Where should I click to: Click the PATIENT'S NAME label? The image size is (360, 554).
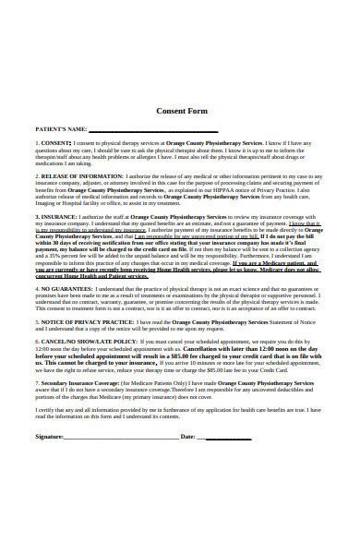coord(61,129)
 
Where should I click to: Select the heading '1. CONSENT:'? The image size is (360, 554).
coord(53,145)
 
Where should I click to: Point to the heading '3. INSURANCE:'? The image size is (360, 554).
coord(56,217)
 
